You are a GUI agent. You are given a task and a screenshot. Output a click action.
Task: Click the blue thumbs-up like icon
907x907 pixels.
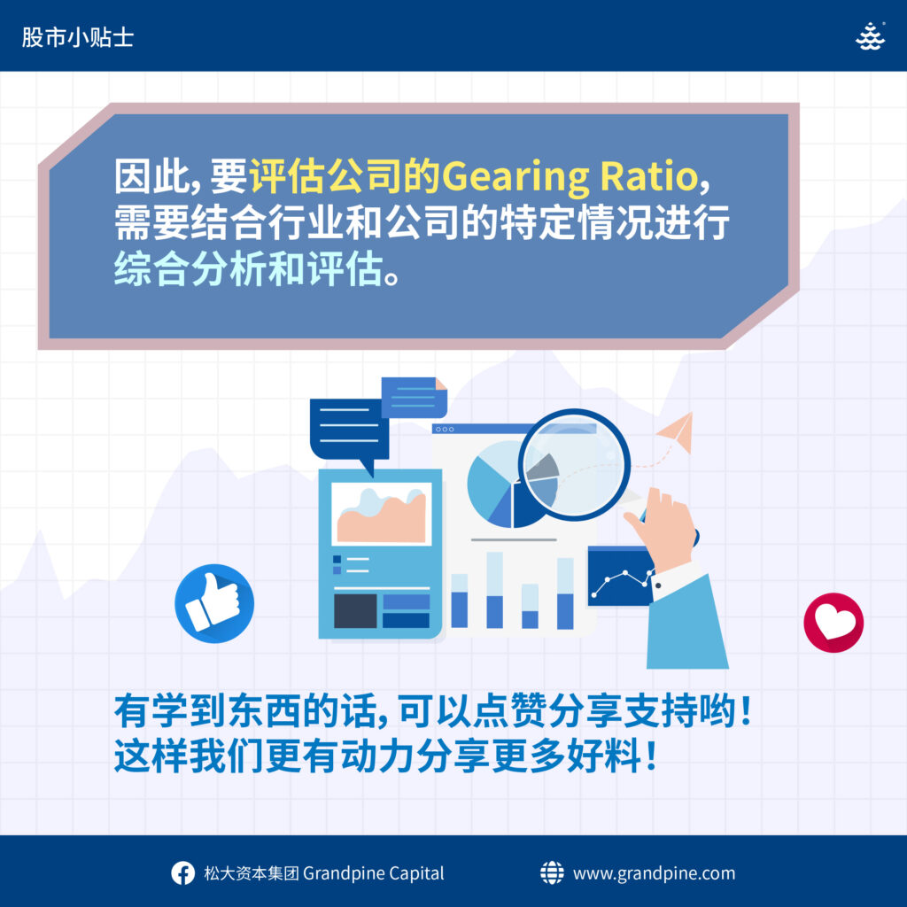coord(214,603)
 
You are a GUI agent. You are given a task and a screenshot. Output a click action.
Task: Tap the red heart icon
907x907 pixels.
coord(833,623)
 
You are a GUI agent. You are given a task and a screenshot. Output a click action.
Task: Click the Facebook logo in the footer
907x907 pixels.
coord(182,873)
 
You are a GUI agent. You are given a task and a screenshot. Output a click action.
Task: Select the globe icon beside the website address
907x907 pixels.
coord(552,872)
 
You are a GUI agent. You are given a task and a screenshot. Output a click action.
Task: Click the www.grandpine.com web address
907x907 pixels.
coord(655,873)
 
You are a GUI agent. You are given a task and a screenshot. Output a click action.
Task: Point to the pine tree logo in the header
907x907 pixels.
coord(870,36)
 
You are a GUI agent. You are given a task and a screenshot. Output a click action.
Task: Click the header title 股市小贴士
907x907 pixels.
coord(78,37)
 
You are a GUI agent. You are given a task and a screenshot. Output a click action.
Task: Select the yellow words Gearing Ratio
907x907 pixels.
coord(570,176)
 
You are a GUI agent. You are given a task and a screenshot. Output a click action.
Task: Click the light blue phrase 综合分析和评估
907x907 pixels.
coord(249,269)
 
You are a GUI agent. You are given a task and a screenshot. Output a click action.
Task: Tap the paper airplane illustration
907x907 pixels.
coord(677,432)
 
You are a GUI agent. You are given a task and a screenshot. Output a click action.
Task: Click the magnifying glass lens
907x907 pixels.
coord(574,464)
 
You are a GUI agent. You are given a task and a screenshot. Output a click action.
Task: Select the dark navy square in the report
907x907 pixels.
coord(355,611)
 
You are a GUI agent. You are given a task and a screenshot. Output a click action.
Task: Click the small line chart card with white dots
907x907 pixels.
coord(620,577)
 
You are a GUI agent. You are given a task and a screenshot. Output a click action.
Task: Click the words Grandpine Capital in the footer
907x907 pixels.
coord(374,873)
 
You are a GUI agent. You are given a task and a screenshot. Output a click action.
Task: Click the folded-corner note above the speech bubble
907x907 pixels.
coord(415,398)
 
